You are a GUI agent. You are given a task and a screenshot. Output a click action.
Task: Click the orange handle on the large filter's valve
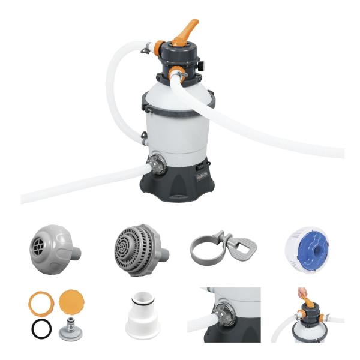point(186,31)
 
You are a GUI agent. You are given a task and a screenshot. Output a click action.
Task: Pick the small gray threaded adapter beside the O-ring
point(72,328)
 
